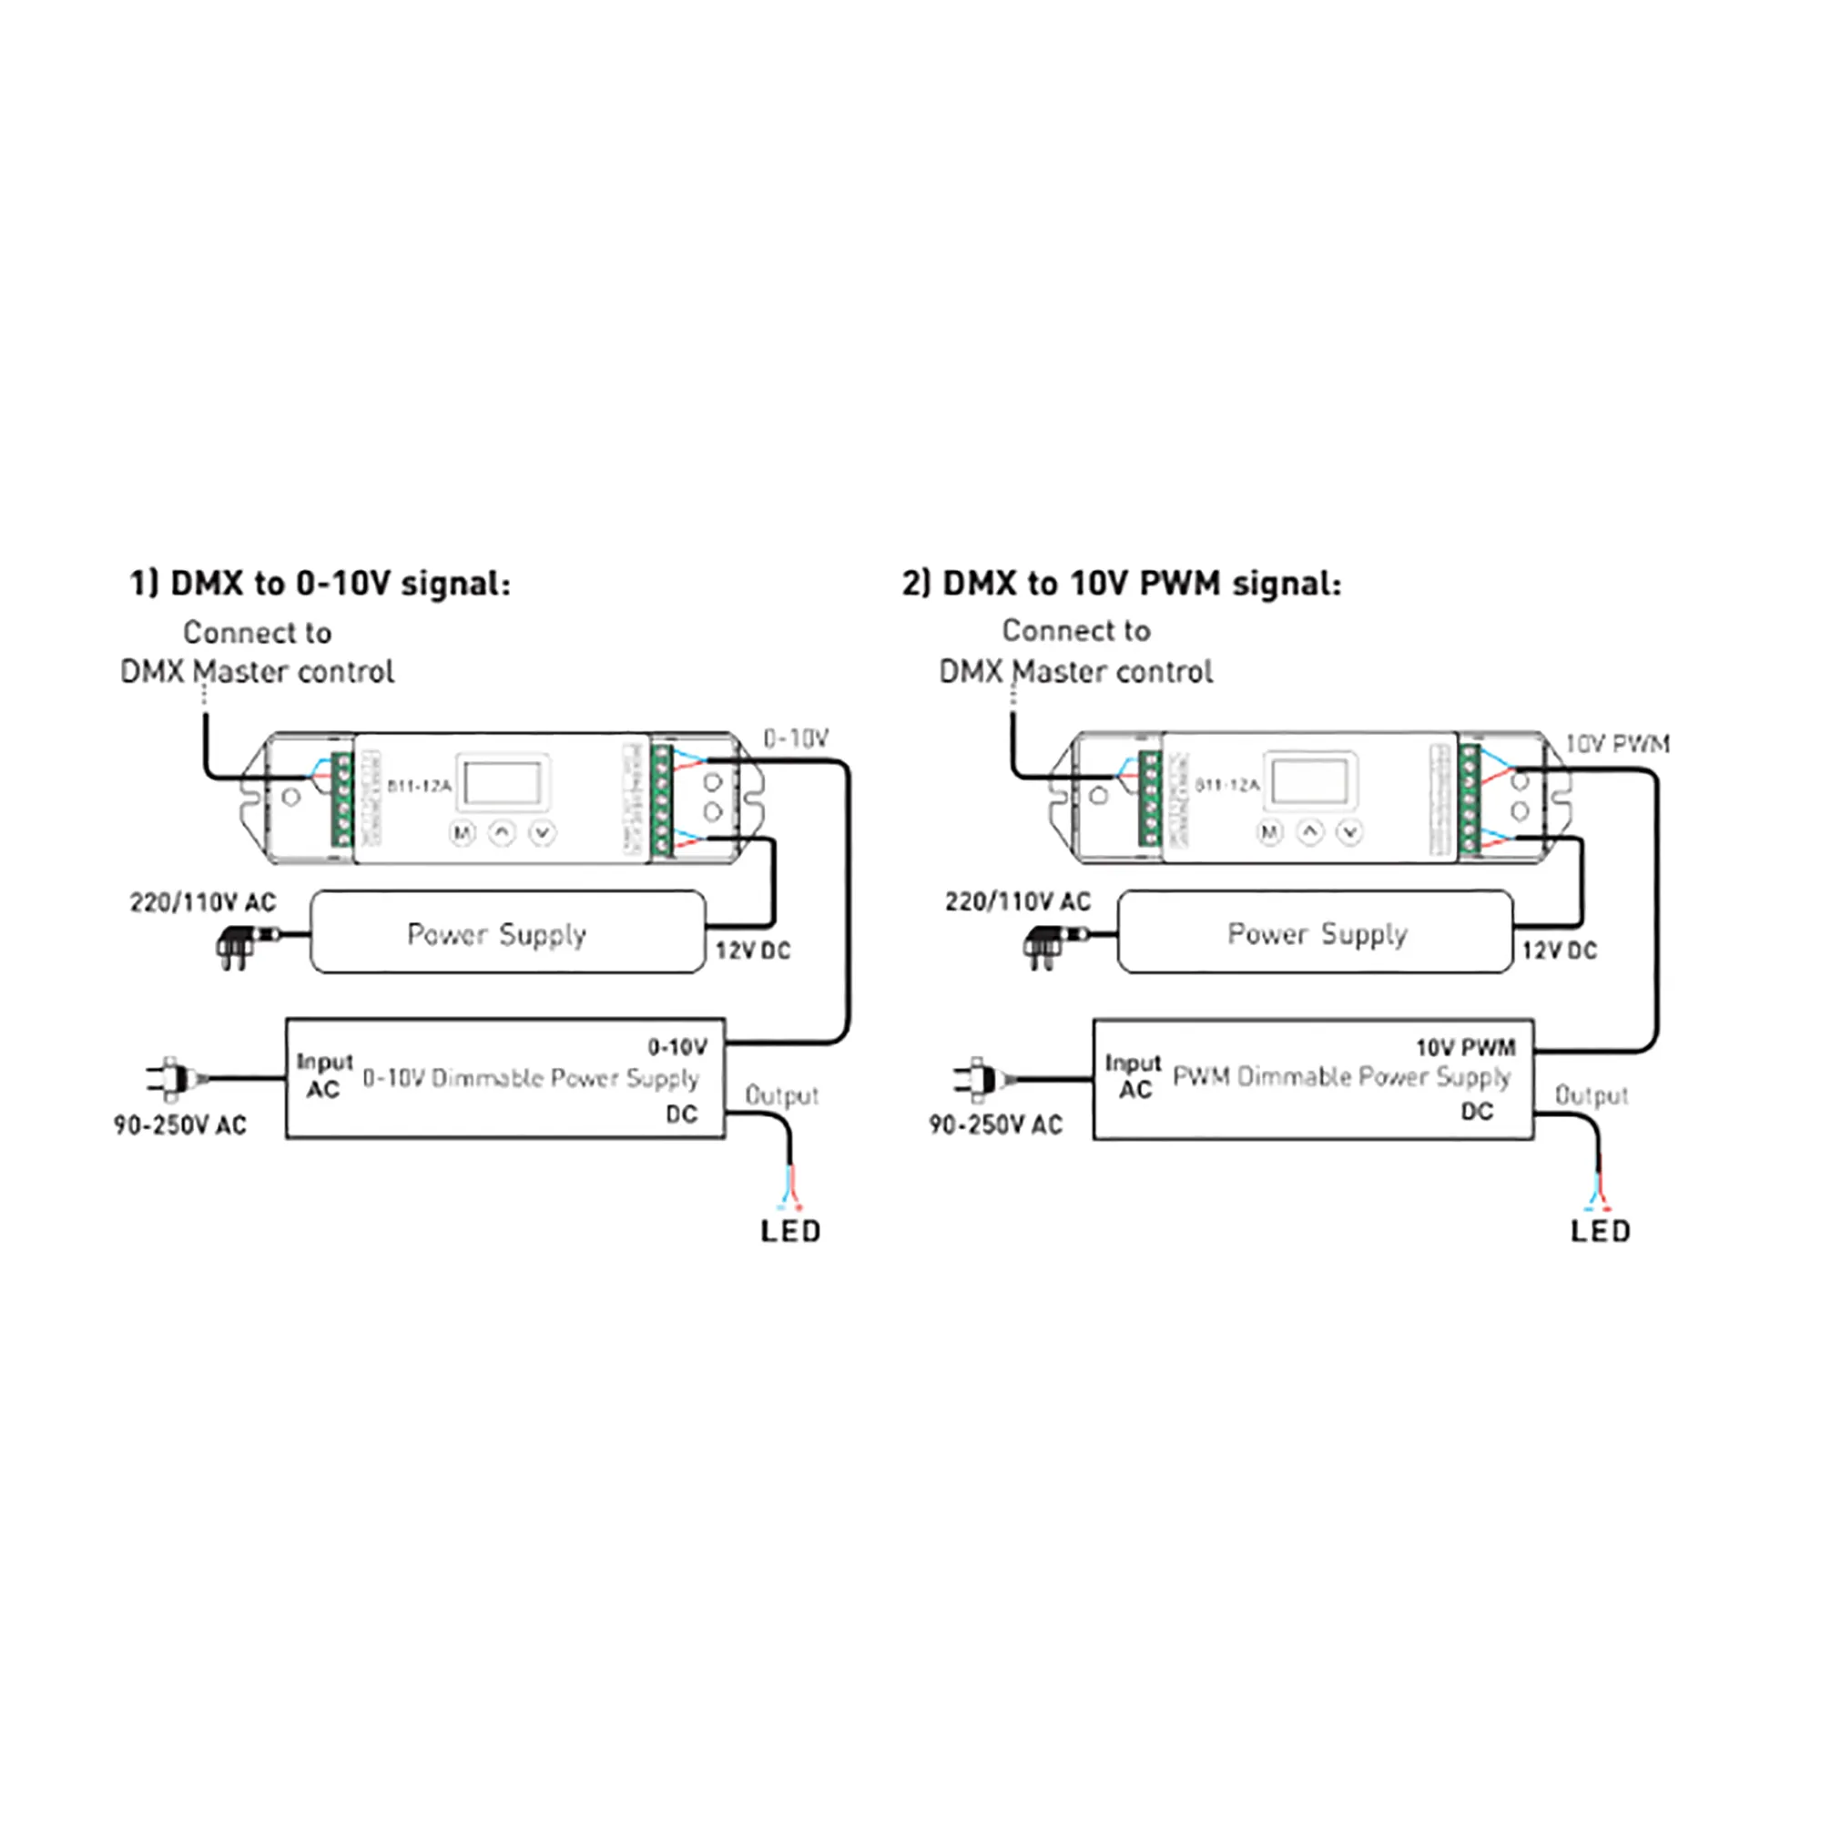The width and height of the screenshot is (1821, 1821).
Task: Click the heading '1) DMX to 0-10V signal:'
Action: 320,584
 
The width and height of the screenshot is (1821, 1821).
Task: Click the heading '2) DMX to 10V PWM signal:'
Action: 1121,584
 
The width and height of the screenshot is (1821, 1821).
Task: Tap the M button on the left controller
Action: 462,833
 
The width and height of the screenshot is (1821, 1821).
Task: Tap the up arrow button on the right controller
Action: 1310,832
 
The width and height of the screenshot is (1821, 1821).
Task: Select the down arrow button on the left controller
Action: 542,833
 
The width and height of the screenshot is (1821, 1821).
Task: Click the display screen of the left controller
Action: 504,782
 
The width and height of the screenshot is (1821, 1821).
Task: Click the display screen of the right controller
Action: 1310,781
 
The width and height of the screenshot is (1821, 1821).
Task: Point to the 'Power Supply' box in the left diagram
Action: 507,932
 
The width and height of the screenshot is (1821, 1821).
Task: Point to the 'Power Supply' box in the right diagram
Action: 1315,932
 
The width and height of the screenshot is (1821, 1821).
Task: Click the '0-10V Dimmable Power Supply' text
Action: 531,1077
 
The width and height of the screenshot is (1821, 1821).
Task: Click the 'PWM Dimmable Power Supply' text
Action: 1340,1076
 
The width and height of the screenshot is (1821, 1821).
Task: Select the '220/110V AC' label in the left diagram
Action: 203,903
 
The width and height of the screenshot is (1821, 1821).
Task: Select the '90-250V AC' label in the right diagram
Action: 995,1124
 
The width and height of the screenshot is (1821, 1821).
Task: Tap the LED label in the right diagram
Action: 1600,1231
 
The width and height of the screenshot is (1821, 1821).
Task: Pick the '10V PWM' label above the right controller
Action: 1617,744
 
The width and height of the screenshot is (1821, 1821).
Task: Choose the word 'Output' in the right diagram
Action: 1591,1095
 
